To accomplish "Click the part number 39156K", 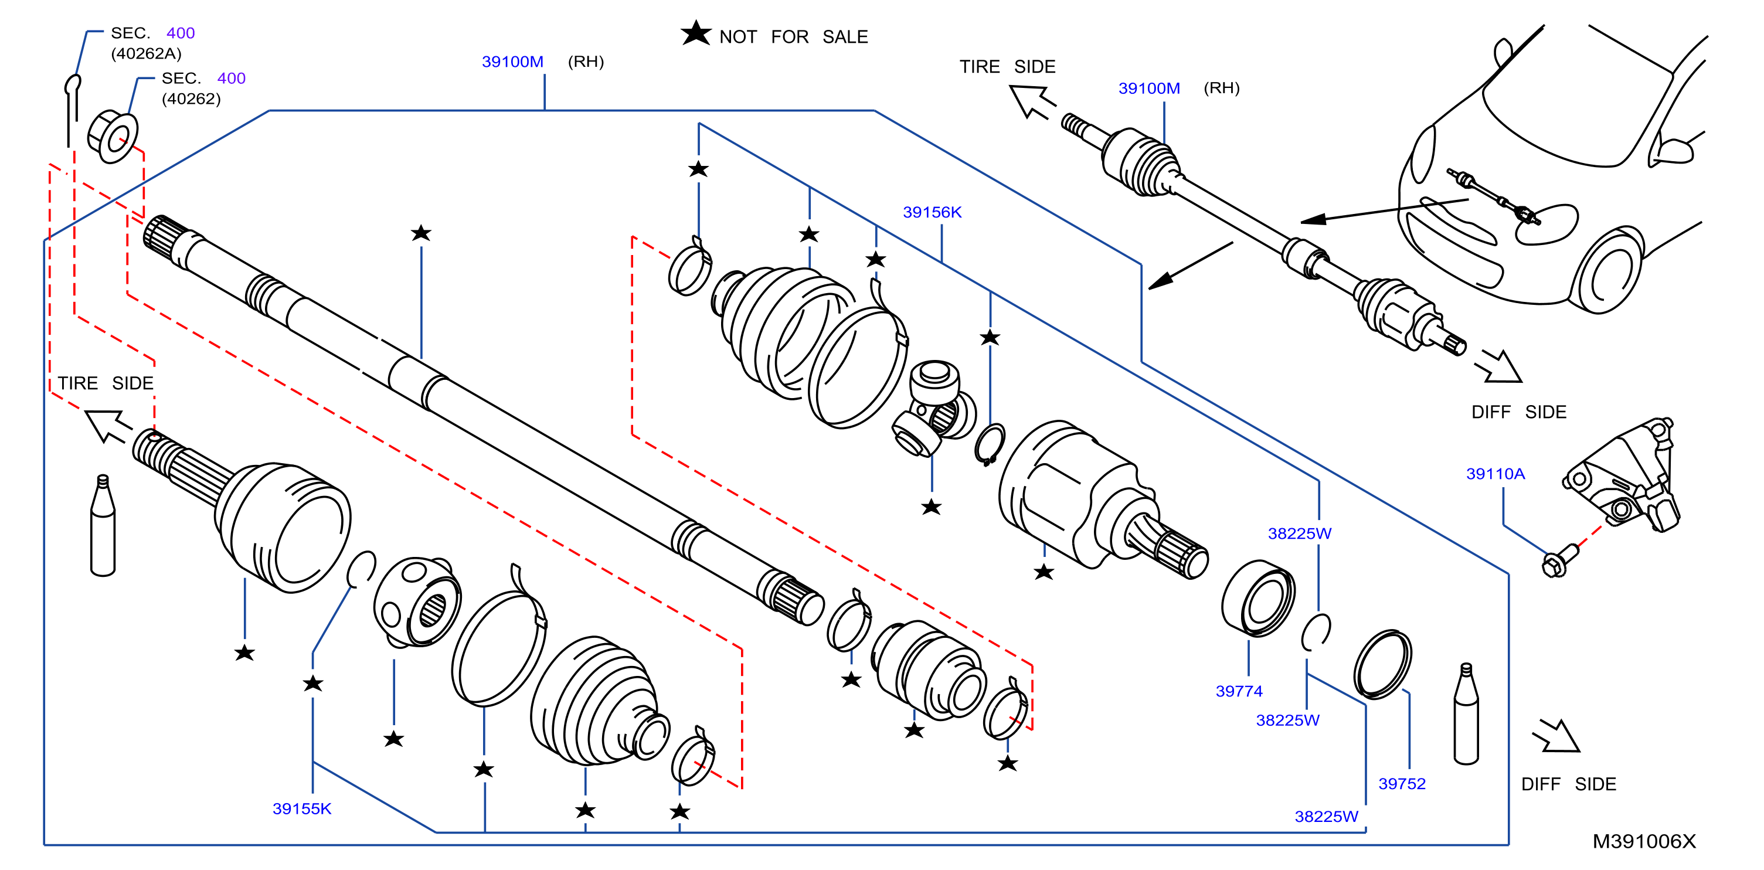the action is tap(932, 212).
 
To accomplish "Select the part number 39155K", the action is tap(302, 809).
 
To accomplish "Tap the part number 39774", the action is tap(1239, 691).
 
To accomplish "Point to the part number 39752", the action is tap(1402, 784).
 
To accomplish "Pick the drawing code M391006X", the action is tap(1644, 841).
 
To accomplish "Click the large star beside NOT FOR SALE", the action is tap(696, 33).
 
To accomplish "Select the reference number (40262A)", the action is tap(147, 53).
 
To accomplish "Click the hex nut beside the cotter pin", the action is tap(113, 137).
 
